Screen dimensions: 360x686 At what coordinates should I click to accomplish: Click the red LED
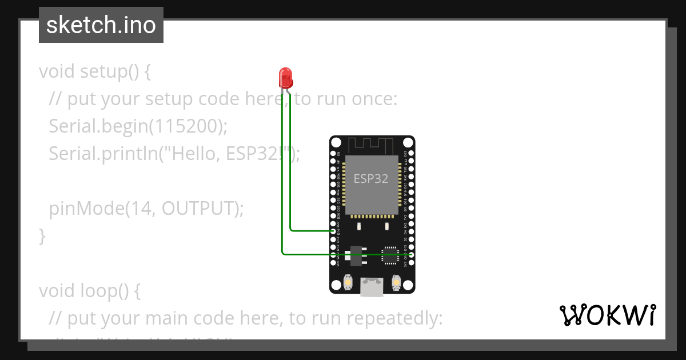click(285, 77)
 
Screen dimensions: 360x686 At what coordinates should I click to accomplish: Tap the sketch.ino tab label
click(101, 25)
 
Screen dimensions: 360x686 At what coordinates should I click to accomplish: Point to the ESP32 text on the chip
click(371, 178)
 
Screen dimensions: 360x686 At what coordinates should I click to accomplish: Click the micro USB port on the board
click(372, 287)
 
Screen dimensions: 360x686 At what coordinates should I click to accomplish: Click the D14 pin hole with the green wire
click(334, 231)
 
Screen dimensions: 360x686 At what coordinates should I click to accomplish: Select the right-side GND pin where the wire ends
click(410, 254)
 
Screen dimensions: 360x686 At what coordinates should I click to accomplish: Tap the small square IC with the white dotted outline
click(390, 255)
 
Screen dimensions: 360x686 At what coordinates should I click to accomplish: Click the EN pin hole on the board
click(334, 154)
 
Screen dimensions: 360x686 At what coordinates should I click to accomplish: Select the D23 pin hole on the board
click(410, 154)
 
